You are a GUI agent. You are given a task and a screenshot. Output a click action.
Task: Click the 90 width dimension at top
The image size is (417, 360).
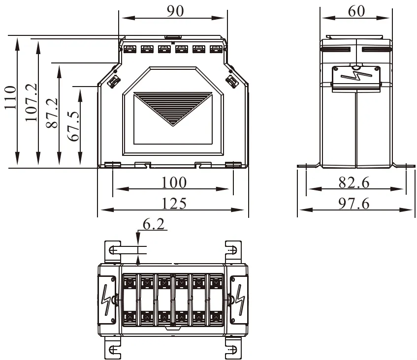(x=175, y=11)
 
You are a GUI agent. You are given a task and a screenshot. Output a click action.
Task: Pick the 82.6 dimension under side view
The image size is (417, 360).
(x=354, y=182)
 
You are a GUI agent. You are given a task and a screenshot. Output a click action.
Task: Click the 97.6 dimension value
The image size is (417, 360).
(x=354, y=203)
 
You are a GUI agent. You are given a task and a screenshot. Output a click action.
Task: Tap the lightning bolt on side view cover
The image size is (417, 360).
(x=355, y=75)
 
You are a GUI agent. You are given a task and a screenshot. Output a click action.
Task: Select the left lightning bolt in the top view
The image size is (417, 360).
(x=106, y=300)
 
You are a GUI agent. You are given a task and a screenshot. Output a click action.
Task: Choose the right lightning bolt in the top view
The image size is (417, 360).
(x=240, y=300)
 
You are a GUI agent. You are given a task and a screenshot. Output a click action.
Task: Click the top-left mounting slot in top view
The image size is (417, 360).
(x=113, y=249)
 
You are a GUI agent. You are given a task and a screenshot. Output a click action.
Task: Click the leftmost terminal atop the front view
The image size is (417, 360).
(x=129, y=49)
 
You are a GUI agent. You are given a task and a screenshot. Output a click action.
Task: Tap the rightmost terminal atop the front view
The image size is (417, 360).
(x=215, y=49)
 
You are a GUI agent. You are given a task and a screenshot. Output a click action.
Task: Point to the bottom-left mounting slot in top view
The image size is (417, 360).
(x=113, y=350)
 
